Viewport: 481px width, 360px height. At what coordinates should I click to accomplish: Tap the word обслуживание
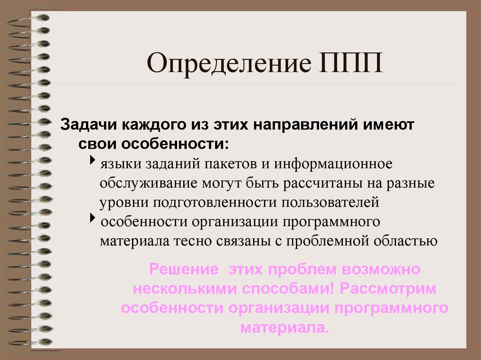[x=149, y=183]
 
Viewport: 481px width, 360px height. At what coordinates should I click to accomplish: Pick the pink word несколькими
[x=185, y=289]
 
